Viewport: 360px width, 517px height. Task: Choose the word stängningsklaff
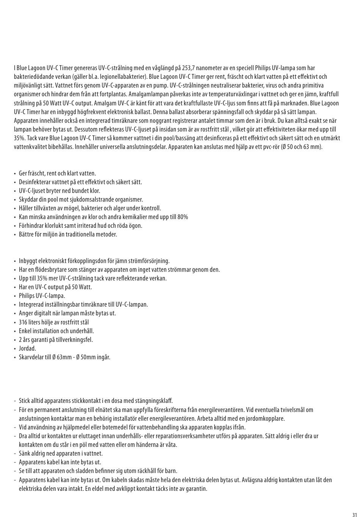[x=154, y=401]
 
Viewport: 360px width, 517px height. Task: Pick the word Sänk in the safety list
[x=25, y=454]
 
